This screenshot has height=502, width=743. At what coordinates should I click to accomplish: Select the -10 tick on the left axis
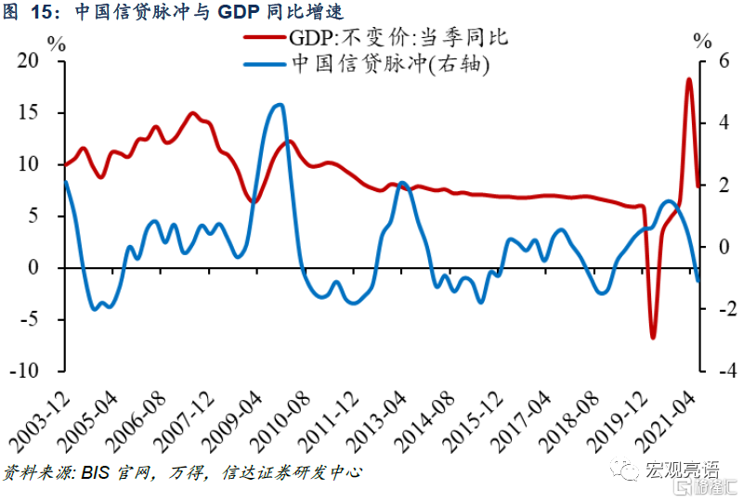28,371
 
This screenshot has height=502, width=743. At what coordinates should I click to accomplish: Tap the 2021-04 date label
671,418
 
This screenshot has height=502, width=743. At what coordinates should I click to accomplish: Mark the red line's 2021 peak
689,80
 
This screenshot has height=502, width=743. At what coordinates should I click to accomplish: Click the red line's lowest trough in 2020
653,336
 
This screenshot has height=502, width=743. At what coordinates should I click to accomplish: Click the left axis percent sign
57,42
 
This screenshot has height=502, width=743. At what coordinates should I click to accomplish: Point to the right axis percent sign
702,42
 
